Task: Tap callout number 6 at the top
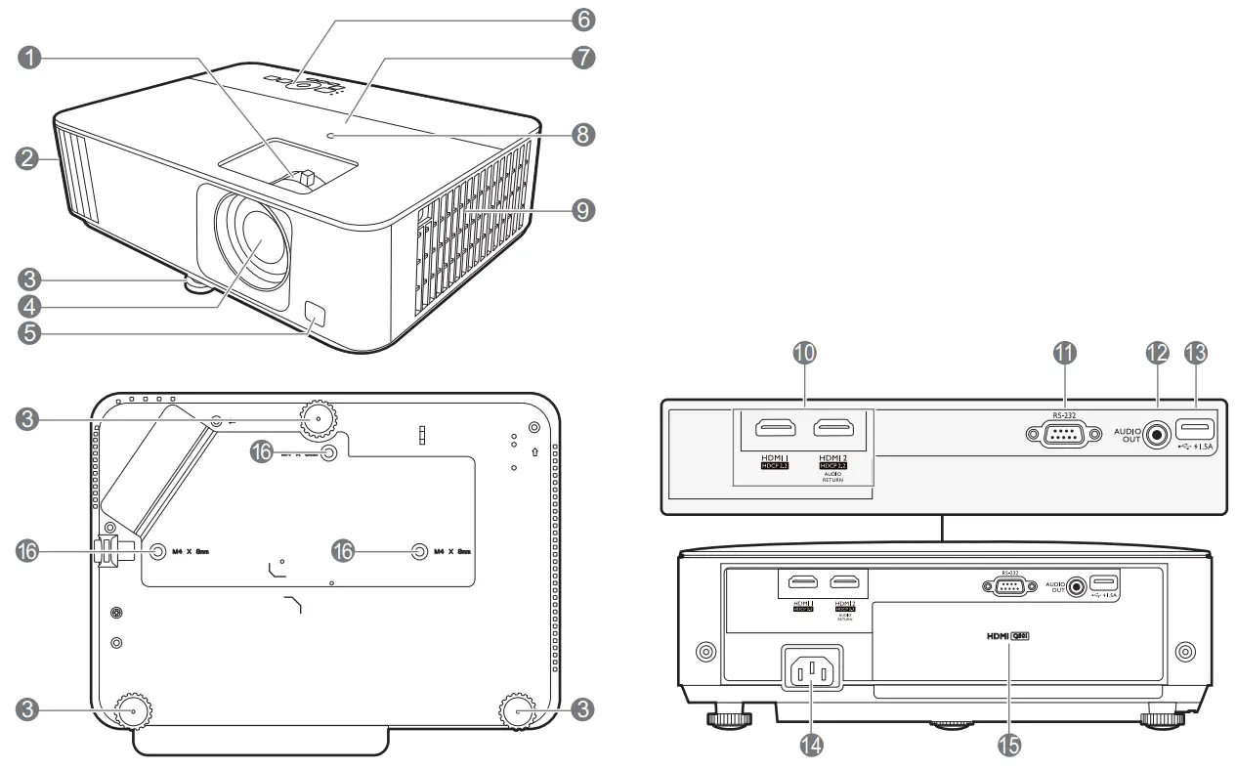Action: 583,18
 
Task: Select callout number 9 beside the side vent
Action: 583,209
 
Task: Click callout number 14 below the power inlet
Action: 810,745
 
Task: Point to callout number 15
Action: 1008,745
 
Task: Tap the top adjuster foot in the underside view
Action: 318,416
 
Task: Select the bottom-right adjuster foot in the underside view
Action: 520,711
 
